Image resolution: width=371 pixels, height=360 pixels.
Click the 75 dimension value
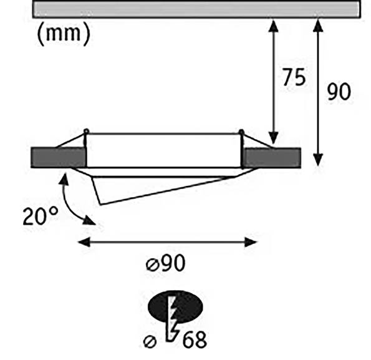coord(294,78)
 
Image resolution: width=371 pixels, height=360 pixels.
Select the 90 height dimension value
coord(339,92)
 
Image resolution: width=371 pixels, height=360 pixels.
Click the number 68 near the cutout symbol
coord(194,340)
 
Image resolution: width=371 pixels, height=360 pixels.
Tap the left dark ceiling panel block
coord(57,157)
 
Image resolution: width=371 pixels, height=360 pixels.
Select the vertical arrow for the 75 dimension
coord(272,81)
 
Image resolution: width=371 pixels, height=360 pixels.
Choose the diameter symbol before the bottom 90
coord(152,265)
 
